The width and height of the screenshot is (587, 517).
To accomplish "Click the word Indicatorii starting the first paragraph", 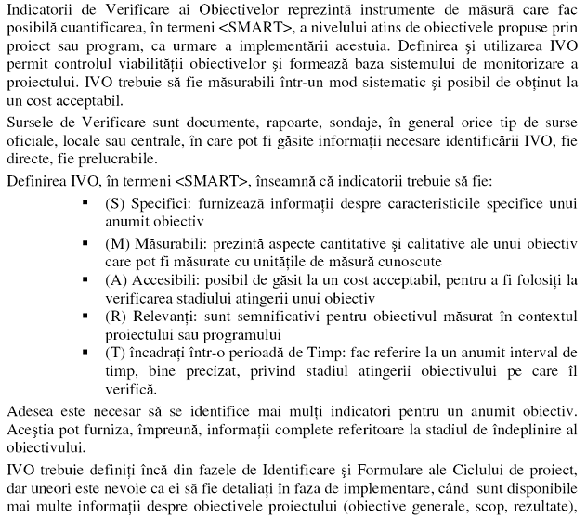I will click(38, 9).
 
